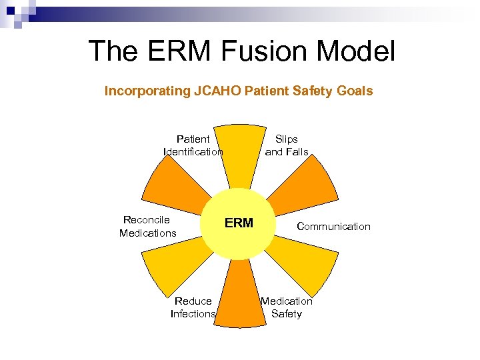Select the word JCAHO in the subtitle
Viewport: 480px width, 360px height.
pos(217,91)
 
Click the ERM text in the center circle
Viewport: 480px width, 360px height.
pos(239,223)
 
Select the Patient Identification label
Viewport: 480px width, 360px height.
pos(193,145)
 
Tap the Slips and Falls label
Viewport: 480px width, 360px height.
pos(287,145)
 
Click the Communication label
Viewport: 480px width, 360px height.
pos(333,227)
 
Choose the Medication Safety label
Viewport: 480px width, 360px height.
pos(287,307)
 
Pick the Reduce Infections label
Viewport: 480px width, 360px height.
pos(193,307)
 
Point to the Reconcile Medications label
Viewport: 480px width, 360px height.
pos(147,226)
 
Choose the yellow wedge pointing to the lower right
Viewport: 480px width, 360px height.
pos(303,263)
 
